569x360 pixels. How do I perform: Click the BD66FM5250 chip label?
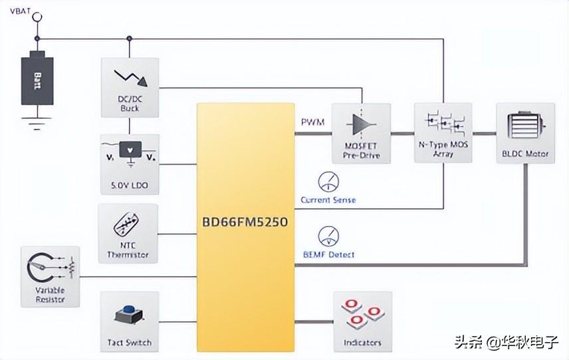point(246,223)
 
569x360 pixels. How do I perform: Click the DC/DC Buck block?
point(130,87)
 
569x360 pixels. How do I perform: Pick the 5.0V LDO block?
point(130,164)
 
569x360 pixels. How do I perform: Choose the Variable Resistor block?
point(51,276)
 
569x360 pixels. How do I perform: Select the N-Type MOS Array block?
point(443,132)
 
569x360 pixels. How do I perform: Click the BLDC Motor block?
point(525,132)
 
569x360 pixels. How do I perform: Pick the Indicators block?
point(362,321)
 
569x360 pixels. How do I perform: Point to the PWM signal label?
point(312,122)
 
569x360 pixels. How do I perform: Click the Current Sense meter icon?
point(328,181)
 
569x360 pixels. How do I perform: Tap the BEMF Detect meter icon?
point(327,236)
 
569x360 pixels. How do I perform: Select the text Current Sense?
point(328,200)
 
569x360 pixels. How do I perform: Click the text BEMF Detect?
point(328,254)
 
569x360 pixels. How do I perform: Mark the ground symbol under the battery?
point(37,120)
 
